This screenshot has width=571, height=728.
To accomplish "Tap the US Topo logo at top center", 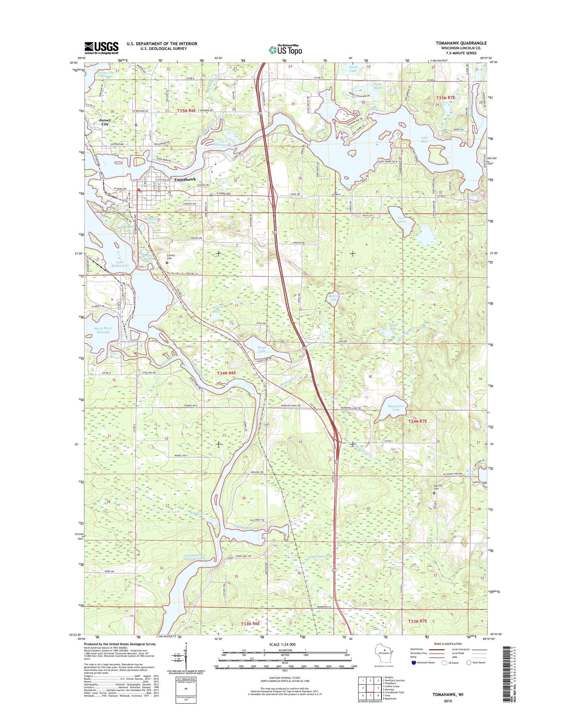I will [x=285, y=49].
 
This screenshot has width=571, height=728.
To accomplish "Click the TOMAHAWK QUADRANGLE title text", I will [x=461, y=43].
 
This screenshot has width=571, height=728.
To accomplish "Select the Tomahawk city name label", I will [x=185, y=179].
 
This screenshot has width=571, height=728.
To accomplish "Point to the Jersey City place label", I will [x=105, y=122].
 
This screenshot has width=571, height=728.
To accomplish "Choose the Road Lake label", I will [x=262, y=349].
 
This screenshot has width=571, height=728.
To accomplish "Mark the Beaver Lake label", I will [x=333, y=298].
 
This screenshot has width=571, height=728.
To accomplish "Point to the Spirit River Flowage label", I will [x=103, y=330].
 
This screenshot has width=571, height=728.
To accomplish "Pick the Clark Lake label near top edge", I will [x=353, y=69].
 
